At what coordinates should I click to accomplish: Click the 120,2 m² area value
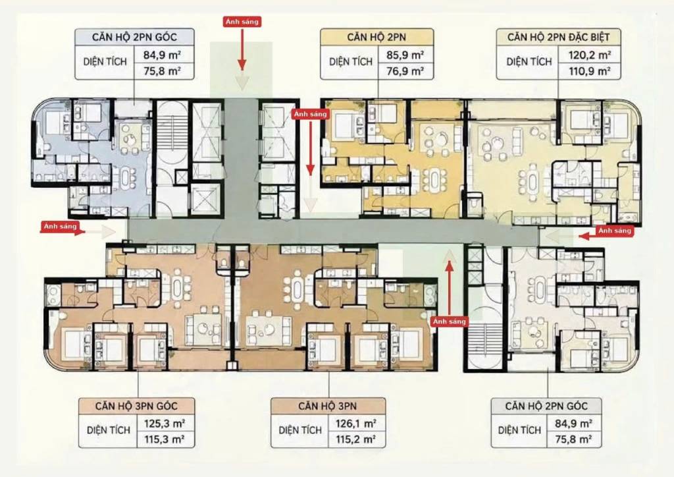tap(590, 55)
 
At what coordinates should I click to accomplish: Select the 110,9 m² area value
tap(590, 71)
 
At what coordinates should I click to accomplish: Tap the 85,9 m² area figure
tap(405, 55)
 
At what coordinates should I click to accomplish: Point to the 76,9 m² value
tap(405, 71)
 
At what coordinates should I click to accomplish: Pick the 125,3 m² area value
tap(165, 424)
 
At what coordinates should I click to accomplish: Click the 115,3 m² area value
tap(165, 439)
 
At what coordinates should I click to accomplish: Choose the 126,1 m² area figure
tap(356, 424)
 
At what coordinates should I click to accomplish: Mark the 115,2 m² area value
tap(356, 439)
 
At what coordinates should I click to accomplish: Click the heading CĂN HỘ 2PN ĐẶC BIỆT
tap(558, 37)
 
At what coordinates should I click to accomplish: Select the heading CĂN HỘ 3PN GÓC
tap(136, 406)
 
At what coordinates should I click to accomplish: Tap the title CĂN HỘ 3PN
tap(328, 406)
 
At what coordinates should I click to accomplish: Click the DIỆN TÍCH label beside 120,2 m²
tap(529, 62)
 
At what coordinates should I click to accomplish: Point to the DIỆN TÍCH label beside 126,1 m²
tap(300, 430)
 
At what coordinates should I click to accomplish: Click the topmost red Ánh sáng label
tap(242, 22)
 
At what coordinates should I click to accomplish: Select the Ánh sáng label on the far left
tap(60, 226)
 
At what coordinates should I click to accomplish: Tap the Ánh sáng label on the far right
tap(615, 231)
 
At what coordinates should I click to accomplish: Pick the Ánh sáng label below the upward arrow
tap(449, 322)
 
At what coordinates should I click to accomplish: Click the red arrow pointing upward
tap(450, 288)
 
